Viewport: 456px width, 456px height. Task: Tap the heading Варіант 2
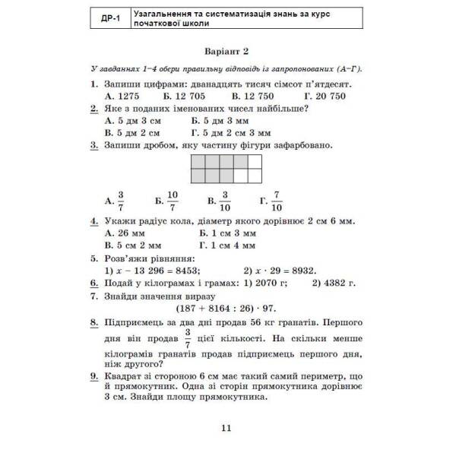click(226, 52)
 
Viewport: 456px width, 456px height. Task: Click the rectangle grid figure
click(226, 169)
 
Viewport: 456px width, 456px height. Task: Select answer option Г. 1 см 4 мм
click(227, 246)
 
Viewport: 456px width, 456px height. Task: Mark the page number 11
click(226, 429)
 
